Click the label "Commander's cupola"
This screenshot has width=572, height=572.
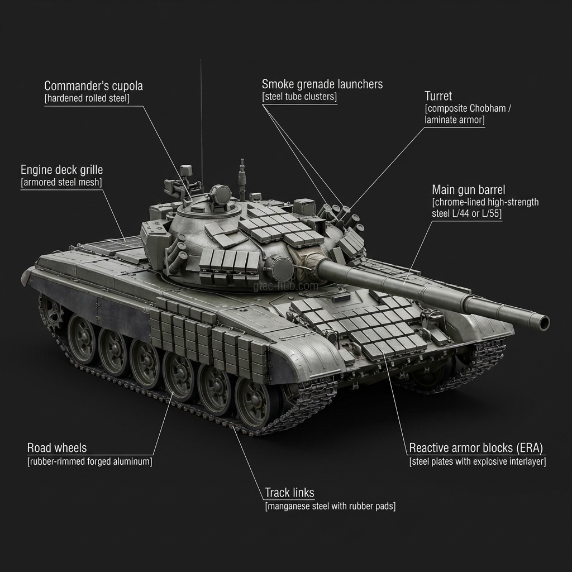[93, 86]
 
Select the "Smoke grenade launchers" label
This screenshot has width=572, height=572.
[322, 84]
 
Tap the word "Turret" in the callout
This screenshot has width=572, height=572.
[438, 96]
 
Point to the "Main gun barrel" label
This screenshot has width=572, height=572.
[468, 189]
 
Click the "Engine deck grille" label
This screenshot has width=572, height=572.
[61, 170]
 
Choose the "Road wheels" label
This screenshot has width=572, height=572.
[57, 448]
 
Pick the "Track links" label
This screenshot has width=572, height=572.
[289, 493]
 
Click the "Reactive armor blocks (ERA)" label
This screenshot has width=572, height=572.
[476, 448]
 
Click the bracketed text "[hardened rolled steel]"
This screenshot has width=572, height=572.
[87, 99]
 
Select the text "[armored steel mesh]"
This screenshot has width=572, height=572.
[61, 183]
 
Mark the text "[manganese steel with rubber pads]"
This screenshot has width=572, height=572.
[330, 506]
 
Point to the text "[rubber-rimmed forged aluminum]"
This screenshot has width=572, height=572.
[89, 461]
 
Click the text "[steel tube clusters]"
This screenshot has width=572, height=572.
[299, 97]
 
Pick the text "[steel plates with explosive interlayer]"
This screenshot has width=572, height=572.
[477, 461]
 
